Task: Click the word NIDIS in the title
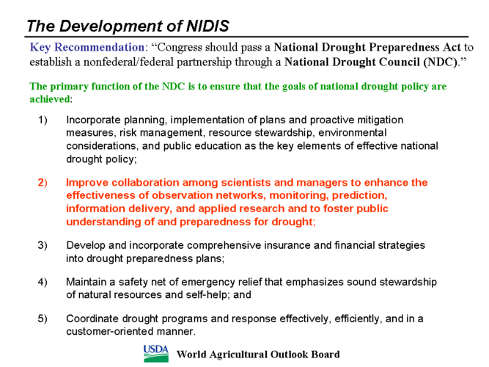coord(207,26)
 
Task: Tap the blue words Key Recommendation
coord(87,48)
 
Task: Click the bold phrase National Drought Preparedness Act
coord(367,48)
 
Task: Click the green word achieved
coord(50,99)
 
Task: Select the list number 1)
coord(43,120)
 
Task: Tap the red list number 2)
coord(43,183)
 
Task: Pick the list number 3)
coord(43,245)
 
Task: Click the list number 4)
coord(43,282)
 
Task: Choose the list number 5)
coord(43,319)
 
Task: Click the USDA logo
coord(156,354)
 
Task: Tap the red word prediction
coord(359,195)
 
